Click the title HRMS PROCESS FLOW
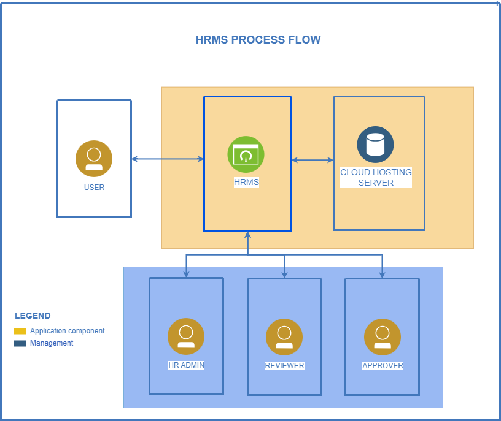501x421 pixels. click(258, 40)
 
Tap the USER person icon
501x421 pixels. click(94, 159)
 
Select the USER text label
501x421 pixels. click(94, 188)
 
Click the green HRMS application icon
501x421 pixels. click(246, 154)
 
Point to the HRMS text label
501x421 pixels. click(246, 182)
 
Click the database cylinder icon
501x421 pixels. click(375, 145)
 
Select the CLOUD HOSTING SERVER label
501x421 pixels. click(376, 177)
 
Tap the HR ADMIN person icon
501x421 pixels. click(186, 336)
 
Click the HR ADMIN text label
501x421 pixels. click(186, 365)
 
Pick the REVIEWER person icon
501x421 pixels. click(284, 337)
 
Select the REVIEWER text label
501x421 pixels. click(284, 366)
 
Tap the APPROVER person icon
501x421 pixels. click(383, 337)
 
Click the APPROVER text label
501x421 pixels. click(383, 366)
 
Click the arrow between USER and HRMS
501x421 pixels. click(168, 159)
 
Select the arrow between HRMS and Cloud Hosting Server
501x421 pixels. click(313, 161)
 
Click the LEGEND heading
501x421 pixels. click(33, 316)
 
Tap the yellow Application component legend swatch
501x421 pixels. click(20, 331)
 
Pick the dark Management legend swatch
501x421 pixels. click(20, 343)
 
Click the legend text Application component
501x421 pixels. click(68, 331)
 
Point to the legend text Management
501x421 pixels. click(52, 343)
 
